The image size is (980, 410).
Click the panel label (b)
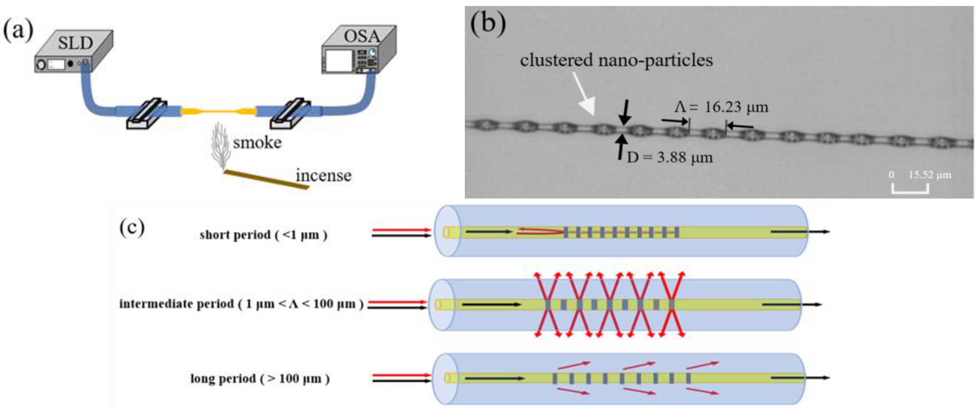coord(488,24)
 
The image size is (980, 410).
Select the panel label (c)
coord(132,228)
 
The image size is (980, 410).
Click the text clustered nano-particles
coord(616,60)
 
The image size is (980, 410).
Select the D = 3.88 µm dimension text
coord(670,157)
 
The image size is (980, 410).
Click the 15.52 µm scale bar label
coord(929,175)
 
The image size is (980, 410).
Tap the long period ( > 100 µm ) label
coord(260,379)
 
